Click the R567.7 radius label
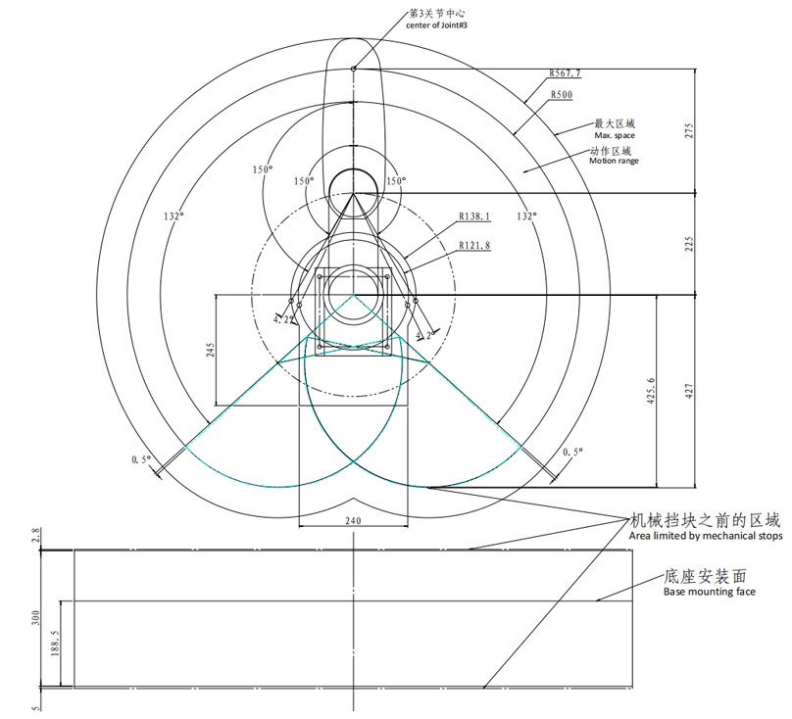tap(565, 73)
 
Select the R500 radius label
tap(562, 94)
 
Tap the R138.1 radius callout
tap(474, 216)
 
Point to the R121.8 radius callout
tap(474, 246)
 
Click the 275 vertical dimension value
tap(690, 131)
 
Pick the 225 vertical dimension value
tap(690, 244)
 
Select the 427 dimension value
tap(690, 391)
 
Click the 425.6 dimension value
tap(652, 391)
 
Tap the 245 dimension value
tap(211, 350)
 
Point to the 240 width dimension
tap(353, 520)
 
